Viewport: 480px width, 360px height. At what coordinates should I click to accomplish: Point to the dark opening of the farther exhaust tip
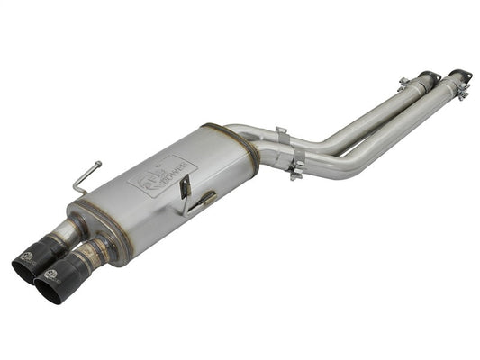point(24,265)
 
